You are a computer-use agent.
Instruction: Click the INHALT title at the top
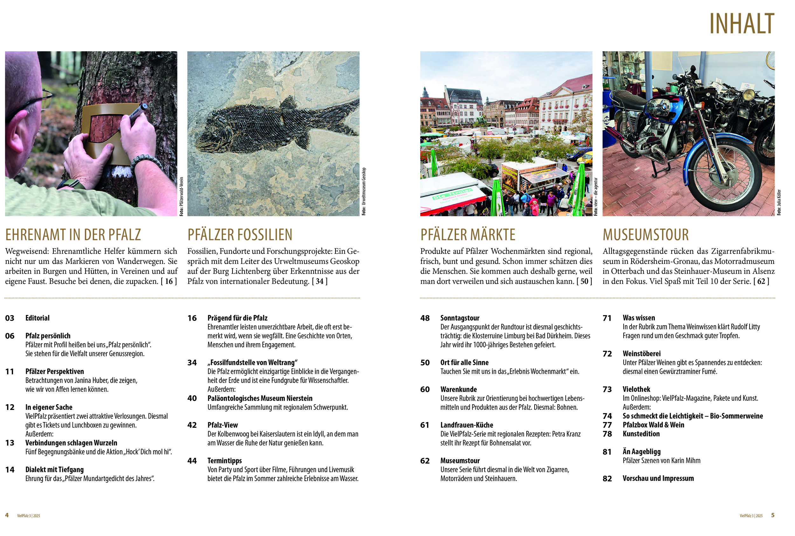tap(741, 23)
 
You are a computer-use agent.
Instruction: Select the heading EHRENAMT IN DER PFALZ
tap(73, 235)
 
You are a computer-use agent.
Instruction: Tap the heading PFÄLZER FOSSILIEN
tap(240, 235)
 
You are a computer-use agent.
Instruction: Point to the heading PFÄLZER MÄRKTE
tap(468, 235)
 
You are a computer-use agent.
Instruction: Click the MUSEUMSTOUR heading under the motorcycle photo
tap(646, 235)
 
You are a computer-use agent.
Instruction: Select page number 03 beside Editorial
tap(10, 318)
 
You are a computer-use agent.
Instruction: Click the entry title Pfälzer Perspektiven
tap(54, 371)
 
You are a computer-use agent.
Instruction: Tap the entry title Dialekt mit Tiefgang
tap(54, 469)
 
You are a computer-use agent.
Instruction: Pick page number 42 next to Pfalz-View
tap(192, 425)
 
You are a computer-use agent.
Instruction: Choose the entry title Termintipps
tap(225, 460)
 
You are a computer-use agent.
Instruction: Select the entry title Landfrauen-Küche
tap(467, 425)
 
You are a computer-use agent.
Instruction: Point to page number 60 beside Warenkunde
tap(425, 389)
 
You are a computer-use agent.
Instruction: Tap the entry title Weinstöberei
tap(641, 353)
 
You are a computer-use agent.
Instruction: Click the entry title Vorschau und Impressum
tap(658, 478)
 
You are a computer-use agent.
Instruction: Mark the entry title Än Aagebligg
tap(641, 452)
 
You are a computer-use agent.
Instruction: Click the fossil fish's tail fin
tap(342, 116)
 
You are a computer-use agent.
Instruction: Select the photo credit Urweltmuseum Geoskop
tap(364, 191)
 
